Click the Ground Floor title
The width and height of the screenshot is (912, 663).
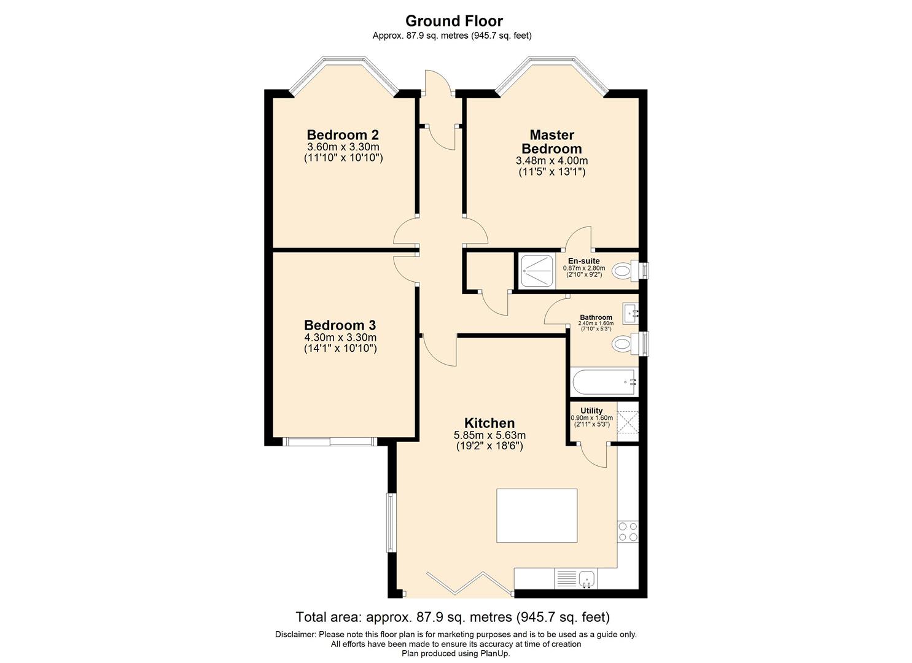click(454, 21)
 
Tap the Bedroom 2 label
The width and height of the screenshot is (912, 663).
click(343, 135)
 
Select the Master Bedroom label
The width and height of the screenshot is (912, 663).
click(551, 142)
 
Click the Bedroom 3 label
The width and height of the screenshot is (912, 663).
click(340, 325)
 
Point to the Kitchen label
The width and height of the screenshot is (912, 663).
click(489, 423)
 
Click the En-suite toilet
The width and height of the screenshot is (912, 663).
click(624, 270)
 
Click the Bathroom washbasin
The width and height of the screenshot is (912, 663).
click(630, 313)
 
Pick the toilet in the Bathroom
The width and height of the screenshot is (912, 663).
click(623, 344)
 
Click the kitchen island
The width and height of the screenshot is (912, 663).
click(536, 515)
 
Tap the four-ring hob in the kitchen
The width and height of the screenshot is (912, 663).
click(628, 531)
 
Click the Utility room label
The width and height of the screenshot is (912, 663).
click(591, 411)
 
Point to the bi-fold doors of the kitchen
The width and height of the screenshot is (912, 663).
click(470, 583)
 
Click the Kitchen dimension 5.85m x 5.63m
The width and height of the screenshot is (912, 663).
click(489, 435)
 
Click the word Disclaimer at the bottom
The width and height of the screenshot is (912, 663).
click(295, 634)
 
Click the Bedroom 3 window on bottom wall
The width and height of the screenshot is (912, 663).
click(329, 441)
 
